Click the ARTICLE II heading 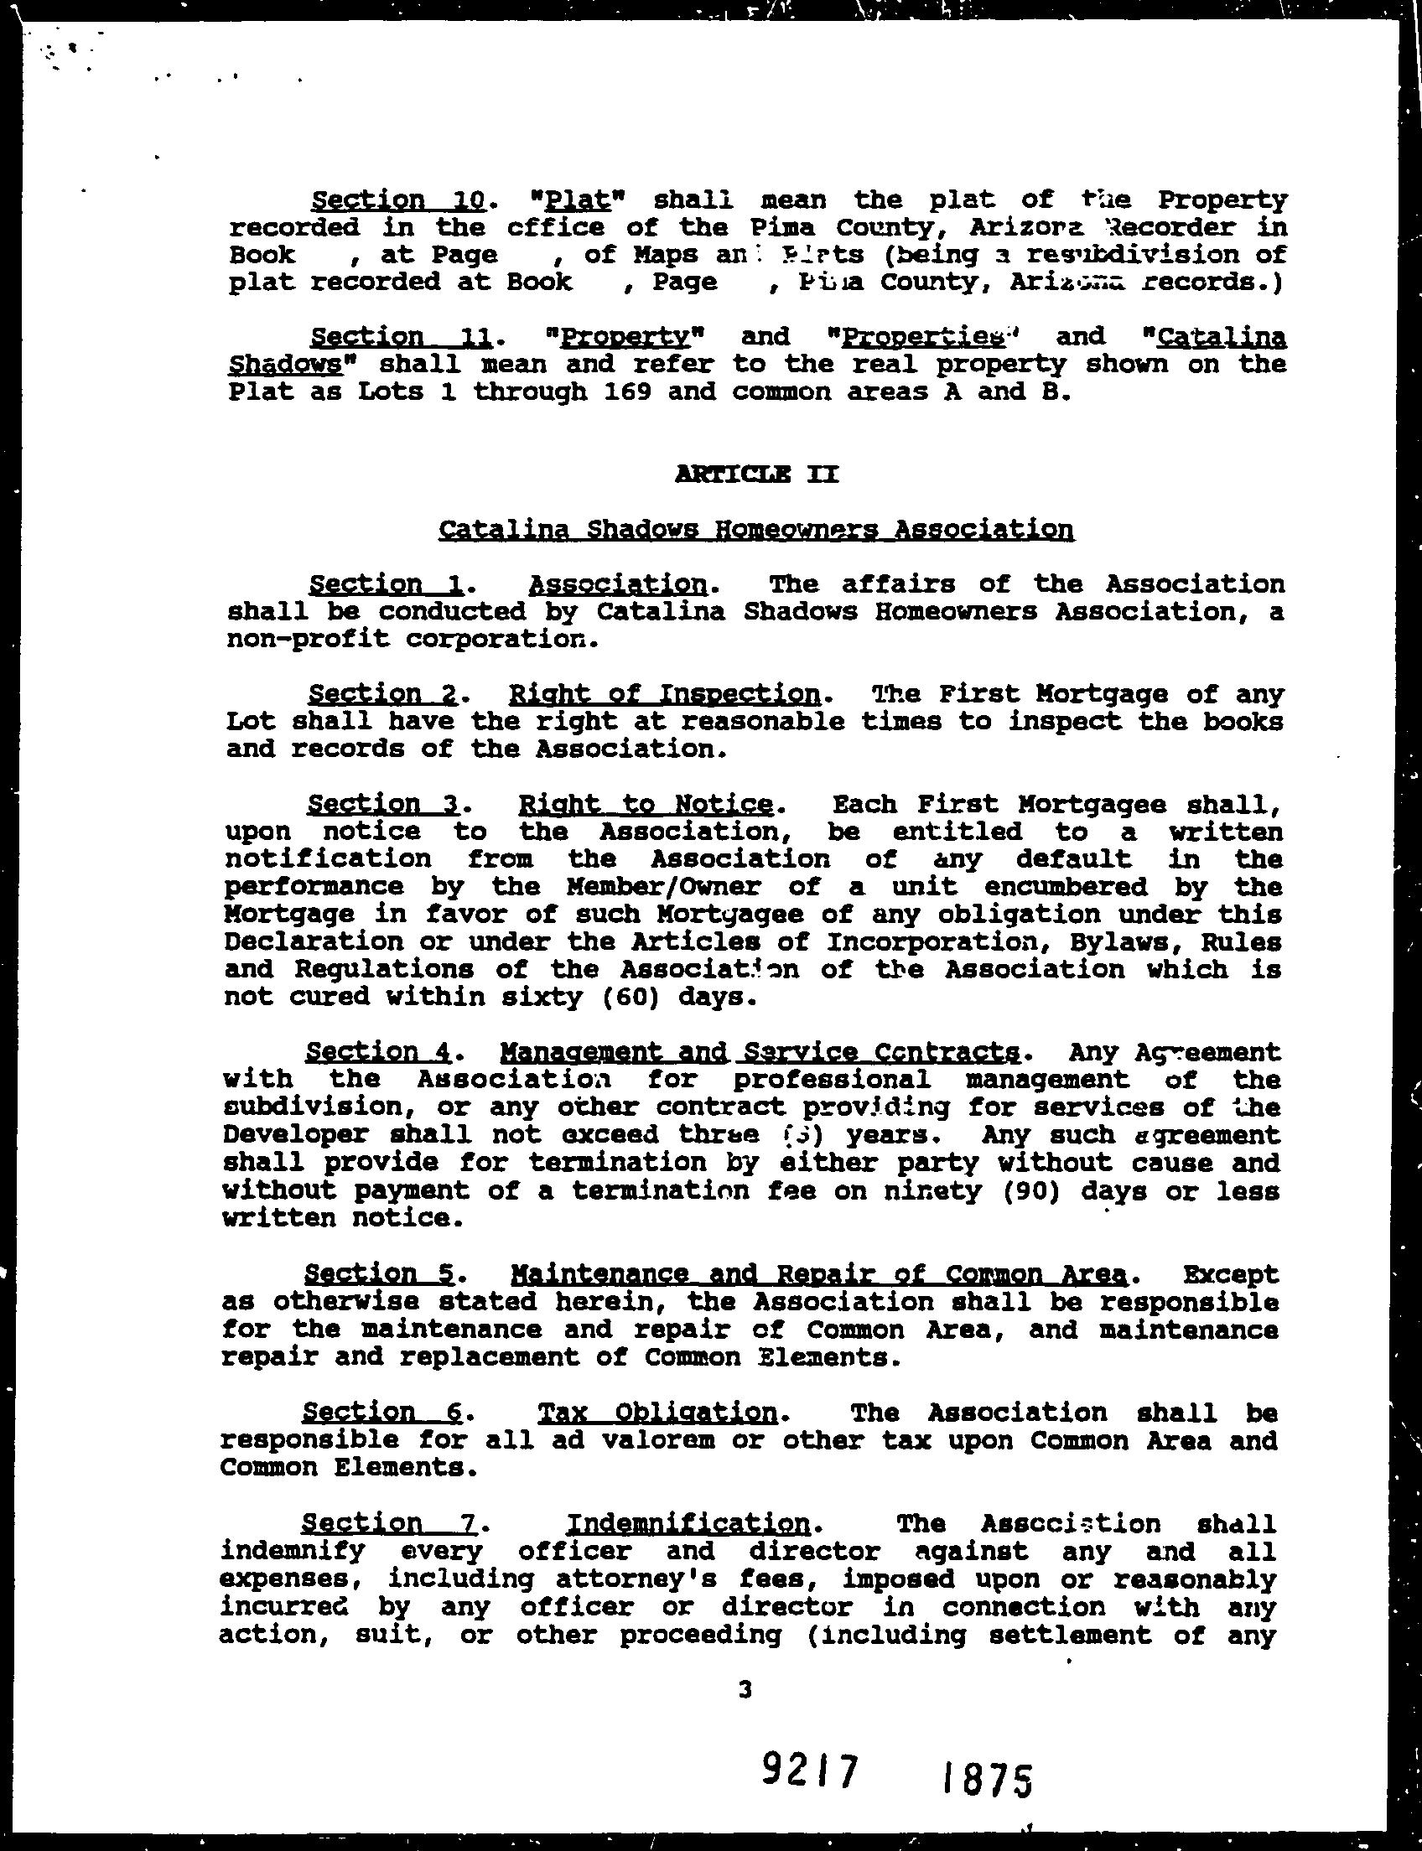[x=757, y=474]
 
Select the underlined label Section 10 [x=397, y=200]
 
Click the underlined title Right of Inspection [x=664, y=694]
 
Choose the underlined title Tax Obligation [x=657, y=1412]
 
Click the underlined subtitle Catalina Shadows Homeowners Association [x=757, y=530]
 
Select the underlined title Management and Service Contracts [x=760, y=1052]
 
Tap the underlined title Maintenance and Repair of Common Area [x=818, y=1273]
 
